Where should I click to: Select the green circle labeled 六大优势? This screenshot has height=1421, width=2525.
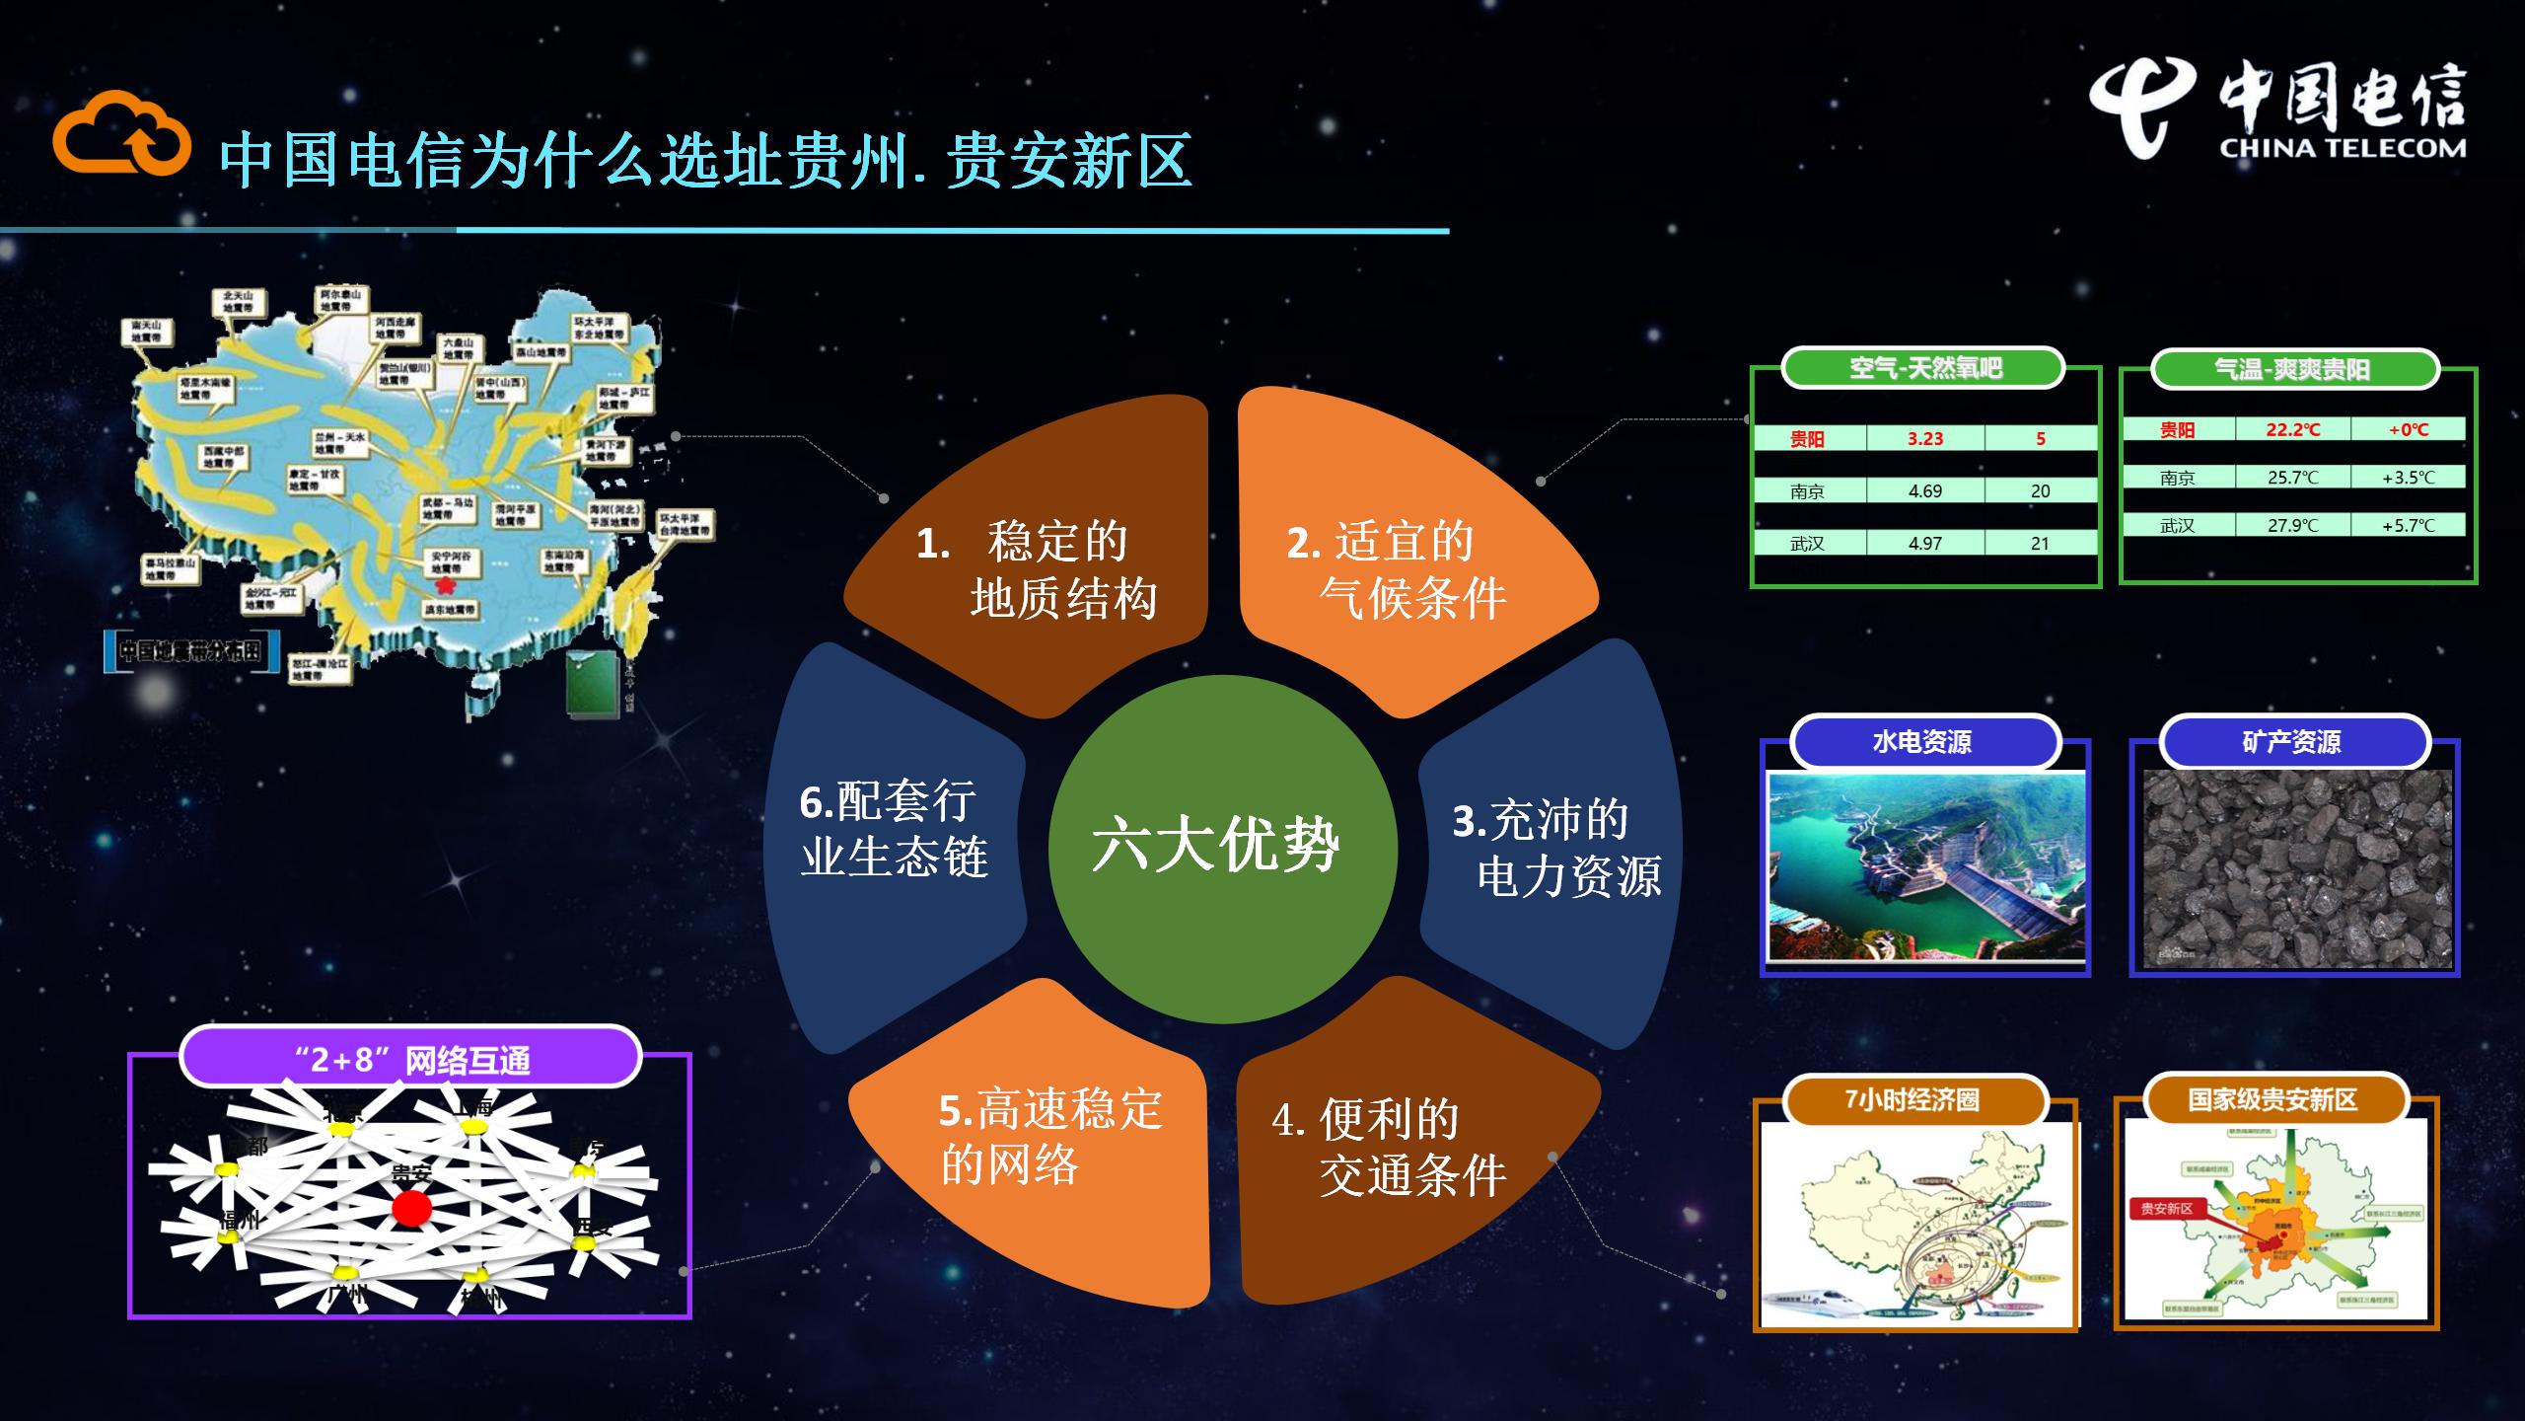(x=1222, y=848)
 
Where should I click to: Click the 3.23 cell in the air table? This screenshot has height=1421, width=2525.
(x=1924, y=439)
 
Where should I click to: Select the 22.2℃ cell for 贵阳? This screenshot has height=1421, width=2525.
(x=2292, y=429)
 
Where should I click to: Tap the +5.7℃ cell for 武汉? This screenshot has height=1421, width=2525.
(x=2408, y=525)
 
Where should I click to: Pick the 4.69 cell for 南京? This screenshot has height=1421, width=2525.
(x=1924, y=490)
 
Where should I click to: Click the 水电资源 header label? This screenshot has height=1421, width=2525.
(x=1923, y=742)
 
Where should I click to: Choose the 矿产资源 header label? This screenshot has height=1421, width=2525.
(x=2292, y=742)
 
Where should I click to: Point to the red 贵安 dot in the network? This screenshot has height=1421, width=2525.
(x=411, y=1208)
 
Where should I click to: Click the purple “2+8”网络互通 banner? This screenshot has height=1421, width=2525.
(x=410, y=1060)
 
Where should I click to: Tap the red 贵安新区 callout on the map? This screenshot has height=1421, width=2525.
(x=2166, y=1209)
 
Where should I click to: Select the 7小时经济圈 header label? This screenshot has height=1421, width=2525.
(x=1912, y=1099)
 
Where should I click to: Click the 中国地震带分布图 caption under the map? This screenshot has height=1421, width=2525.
(x=190, y=650)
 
